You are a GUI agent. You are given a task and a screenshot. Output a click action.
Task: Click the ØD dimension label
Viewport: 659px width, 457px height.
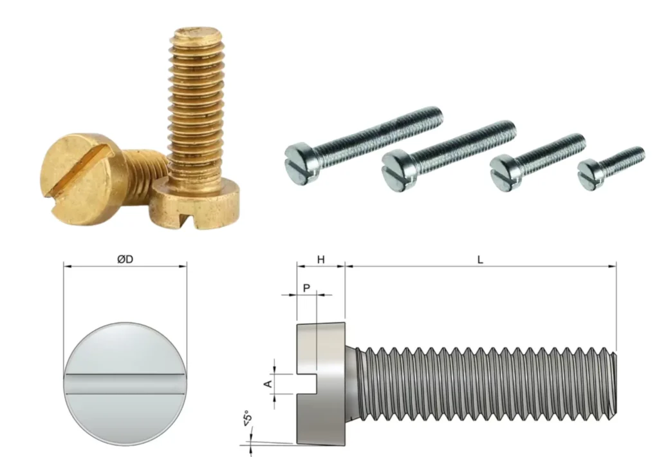coord(125,259)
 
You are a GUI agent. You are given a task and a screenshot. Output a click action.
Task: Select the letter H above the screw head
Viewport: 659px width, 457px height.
coord(320,260)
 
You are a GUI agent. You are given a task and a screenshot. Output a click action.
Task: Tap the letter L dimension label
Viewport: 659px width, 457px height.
coord(480,260)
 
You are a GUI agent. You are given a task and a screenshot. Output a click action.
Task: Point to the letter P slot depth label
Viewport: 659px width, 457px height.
coord(306,288)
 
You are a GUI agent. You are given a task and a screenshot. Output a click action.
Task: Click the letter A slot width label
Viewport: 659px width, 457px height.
coord(268,384)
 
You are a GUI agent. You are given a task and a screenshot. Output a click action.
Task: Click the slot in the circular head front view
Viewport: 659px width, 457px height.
coord(125,384)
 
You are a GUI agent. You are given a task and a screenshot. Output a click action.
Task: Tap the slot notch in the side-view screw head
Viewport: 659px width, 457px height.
coord(306,384)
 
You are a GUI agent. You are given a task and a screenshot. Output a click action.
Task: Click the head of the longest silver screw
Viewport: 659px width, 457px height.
coord(301,163)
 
